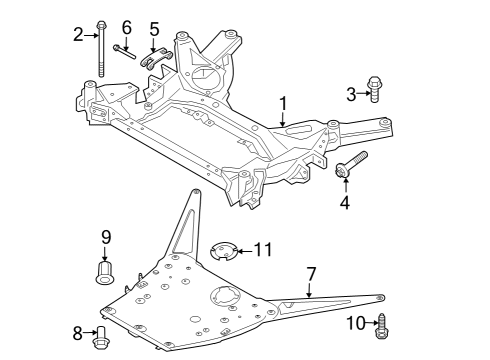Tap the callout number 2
[78, 36]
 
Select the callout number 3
[352, 93]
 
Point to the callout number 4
[344, 203]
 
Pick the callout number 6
[126, 26]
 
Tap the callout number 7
[311, 272]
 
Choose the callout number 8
[78, 332]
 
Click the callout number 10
[355, 322]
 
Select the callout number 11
[262, 249]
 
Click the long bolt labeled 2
[101, 50]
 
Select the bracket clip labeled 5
[155, 58]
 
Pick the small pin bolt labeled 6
[125, 51]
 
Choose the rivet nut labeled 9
[105, 269]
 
